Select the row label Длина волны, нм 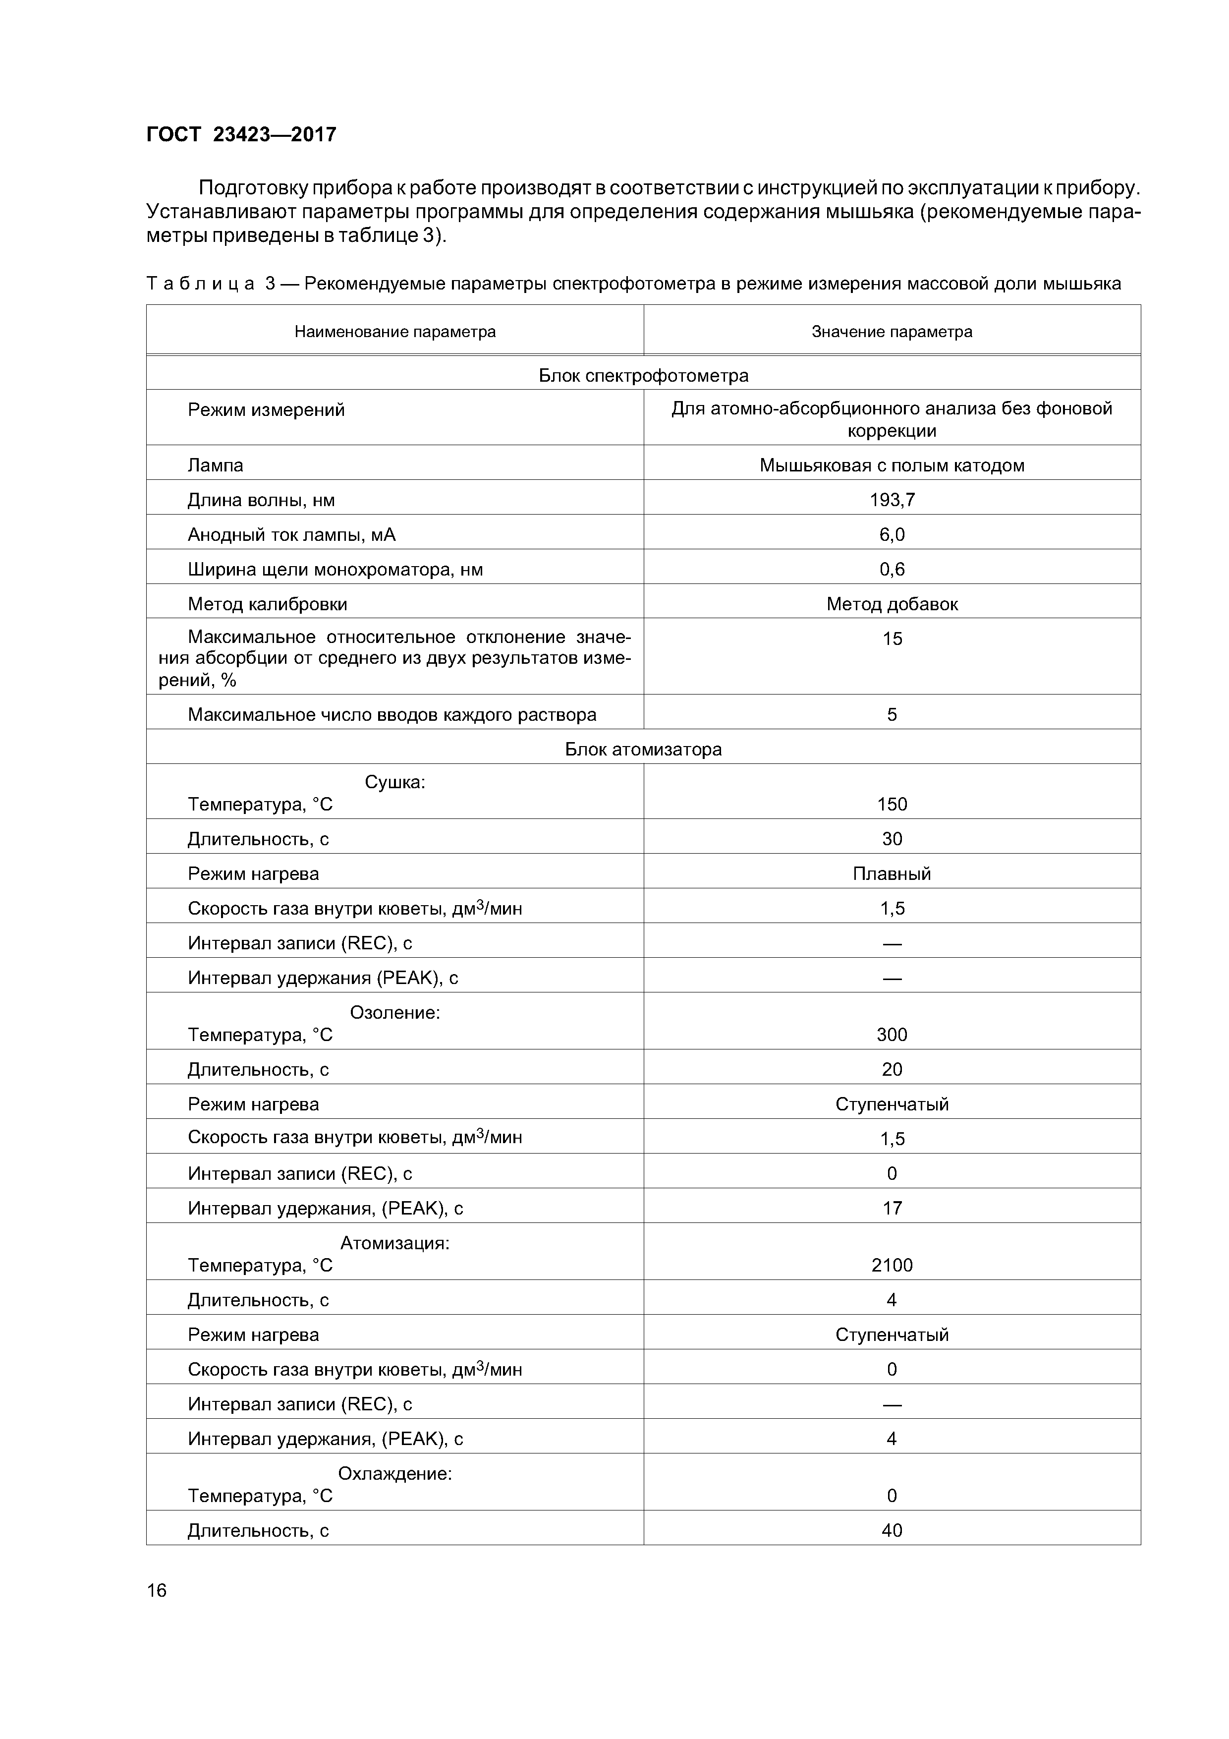[261, 500]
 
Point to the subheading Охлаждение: [394, 1473]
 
